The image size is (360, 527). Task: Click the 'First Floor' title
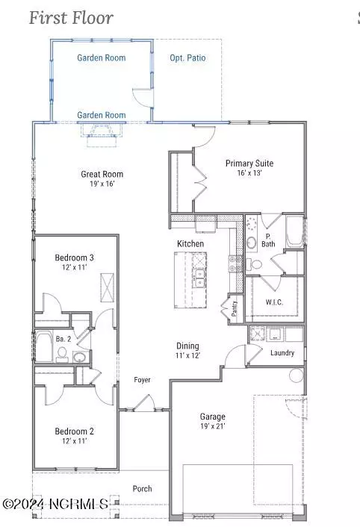coord(71,17)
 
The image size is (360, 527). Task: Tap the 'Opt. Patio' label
coord(187,57)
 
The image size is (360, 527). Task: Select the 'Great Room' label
coord(102,174)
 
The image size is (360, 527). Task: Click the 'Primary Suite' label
coord(249,163)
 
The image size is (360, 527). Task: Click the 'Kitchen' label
coord(190,244)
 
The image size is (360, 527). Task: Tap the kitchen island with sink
coord(191,279)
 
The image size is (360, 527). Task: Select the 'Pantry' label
coord(234,309)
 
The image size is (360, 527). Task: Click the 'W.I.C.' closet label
coord(275,303)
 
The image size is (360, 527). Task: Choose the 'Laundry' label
coord(282,353)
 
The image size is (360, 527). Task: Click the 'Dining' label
coord(187,346)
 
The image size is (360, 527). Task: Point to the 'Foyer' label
coord(142,380)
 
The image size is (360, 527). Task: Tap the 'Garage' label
coord(212,417)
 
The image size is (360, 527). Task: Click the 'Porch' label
coord(142,489)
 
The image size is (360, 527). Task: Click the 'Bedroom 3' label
coord(74,258)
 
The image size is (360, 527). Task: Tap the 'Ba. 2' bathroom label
coord(62,339)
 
